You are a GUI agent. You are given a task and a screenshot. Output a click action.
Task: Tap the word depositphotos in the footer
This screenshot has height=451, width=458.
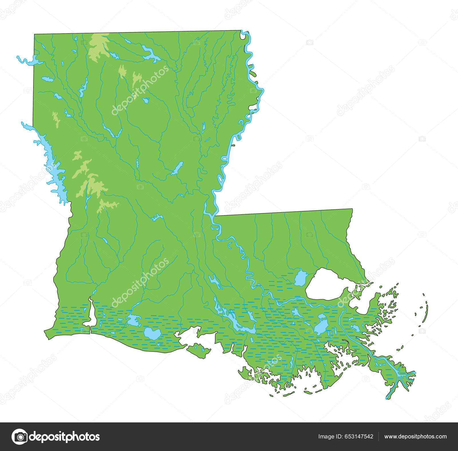(65, 437)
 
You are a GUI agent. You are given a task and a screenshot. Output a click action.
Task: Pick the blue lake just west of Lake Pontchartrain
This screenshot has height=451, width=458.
(300, 277)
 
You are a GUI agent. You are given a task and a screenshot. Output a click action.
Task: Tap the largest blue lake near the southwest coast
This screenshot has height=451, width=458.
(152, 333)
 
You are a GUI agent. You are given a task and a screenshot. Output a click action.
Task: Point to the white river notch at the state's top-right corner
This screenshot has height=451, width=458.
(244, 35)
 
